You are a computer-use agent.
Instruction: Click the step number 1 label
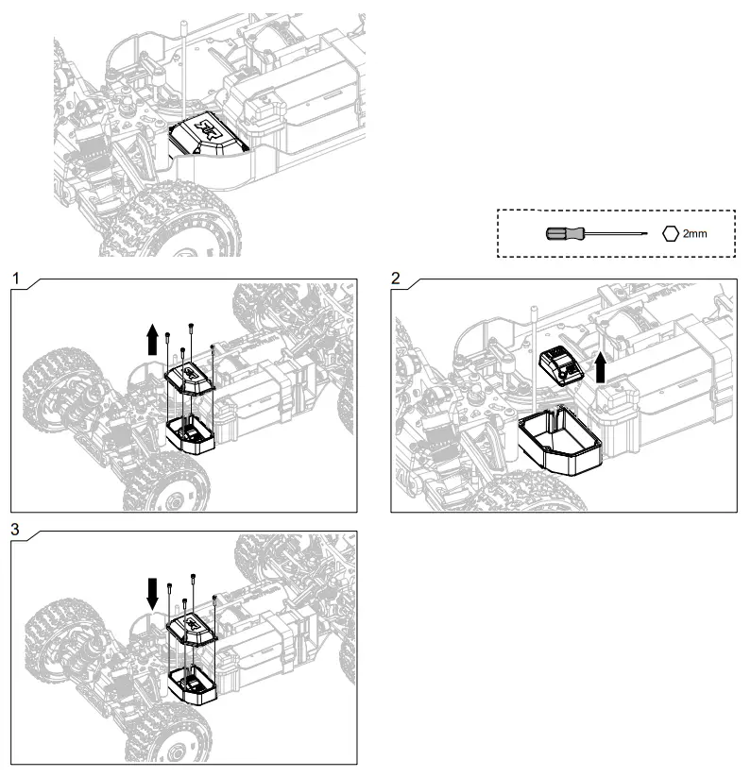point(17,276)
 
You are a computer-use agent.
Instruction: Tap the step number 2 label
point(397,276)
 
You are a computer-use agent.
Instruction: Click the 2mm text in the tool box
point(694,231)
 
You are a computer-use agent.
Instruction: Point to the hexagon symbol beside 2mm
point(670,231)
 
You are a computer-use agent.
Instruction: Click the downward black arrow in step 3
point(152,594)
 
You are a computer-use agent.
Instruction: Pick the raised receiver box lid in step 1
point(192,375)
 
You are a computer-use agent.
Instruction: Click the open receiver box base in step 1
point(191,433)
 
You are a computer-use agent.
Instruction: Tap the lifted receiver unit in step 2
point(559,364)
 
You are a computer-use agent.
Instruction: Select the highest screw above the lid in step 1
point(192,326)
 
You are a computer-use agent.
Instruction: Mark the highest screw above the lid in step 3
point(193,577)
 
